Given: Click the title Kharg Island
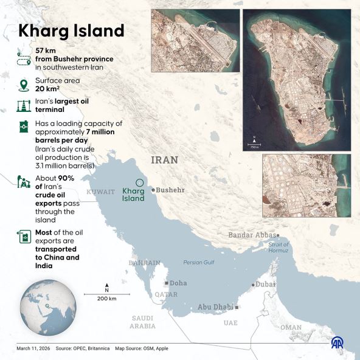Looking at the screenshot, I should point(71,30).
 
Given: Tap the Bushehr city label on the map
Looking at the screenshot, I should point(169,190).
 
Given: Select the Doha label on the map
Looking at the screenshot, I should point(178,283).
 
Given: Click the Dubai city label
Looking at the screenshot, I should point(265,284).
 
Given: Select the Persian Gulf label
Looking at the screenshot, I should point(199,263).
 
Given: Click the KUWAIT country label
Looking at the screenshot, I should point(100,192).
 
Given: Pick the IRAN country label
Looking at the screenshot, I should point(165,160).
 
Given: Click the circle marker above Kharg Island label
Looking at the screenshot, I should point(139,182).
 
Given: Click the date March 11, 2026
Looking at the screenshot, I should point(32,348).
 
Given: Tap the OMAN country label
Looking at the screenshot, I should point(291,327).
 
